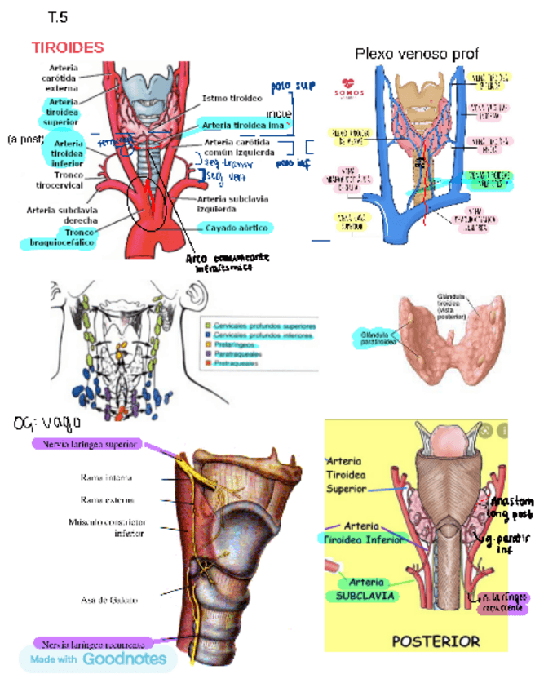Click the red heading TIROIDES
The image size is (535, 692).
click(x=68, y=47)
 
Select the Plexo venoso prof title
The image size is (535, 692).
click(x=416, y=54)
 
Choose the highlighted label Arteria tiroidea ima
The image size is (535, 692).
click(x=242, y=124)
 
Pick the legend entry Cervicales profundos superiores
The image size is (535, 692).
click(x=265, y=325)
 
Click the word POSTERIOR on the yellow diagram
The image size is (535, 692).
click(x=436, y=641)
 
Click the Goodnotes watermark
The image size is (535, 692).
click(x=98, y=659)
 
